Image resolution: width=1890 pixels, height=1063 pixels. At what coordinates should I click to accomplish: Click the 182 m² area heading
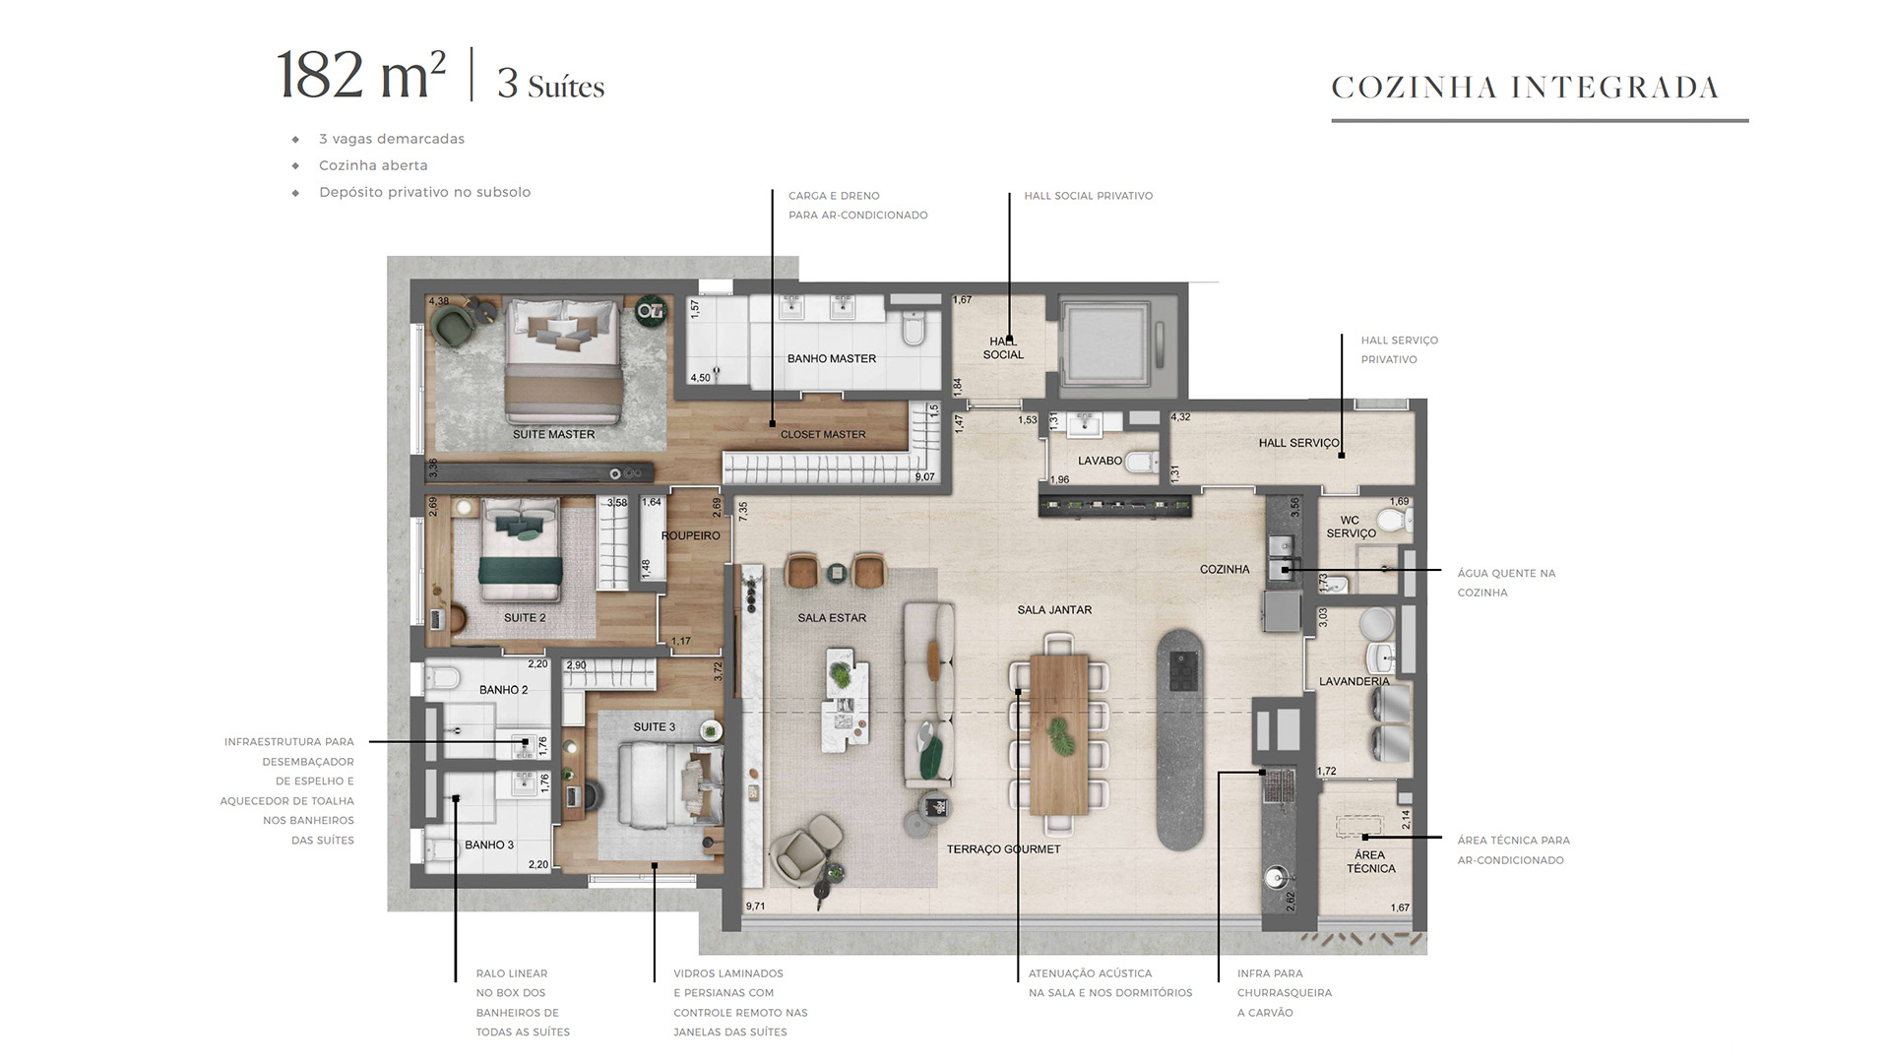pyautogui.click(x=360, y=75)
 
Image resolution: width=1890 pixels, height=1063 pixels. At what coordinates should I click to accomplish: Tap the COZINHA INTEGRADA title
pyautogui.click(x=1525, y=88)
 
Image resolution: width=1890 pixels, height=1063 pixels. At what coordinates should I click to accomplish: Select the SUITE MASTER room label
pyautogui.click(x=553, y=434)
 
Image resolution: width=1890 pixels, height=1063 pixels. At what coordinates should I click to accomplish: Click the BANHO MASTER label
pyautogui.click(x=831, y=358)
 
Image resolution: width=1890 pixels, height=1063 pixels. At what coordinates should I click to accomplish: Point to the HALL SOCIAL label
pyautogui.click(x=1003, y=348)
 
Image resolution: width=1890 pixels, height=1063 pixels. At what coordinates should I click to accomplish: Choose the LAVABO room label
pyautogui.click(x=1100, y=461)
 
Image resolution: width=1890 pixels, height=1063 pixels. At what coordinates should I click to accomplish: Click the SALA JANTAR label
pyautogui.click(x=1054, y=610)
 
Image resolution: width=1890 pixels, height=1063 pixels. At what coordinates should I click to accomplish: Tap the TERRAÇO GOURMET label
pyautogui.click(x=1003, y=849)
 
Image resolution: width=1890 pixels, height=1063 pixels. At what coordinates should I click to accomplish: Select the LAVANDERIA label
pyautogui.click(x=1354, y=681)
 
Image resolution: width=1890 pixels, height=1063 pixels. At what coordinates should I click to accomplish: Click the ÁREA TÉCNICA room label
pyautogui.click(x=1371, y=862)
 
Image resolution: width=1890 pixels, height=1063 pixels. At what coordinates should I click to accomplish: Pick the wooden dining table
pyautogui.click(x=1059, y=734)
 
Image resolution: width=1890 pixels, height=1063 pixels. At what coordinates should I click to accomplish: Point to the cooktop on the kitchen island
pyautogui.click(x=1180, y=669)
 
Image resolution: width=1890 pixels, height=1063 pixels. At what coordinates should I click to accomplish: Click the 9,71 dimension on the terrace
pyautogui.click(x=755, y=906)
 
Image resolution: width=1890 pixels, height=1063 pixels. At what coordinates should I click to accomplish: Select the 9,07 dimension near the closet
pyautogui.click(x=924, y=477)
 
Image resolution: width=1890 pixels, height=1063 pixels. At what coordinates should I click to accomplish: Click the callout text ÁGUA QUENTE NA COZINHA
pyautogui.click(x=1506, y=583)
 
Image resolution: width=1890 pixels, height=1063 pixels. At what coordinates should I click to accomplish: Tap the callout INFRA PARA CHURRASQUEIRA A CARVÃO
pyautogui.click(x=1285, y=993)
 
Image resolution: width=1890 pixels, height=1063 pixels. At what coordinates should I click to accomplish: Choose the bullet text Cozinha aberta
pyautogui.click(x=373, y=165)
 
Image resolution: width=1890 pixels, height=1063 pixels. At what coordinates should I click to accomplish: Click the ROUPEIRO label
pyautogui.click(x=690, y=536)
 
